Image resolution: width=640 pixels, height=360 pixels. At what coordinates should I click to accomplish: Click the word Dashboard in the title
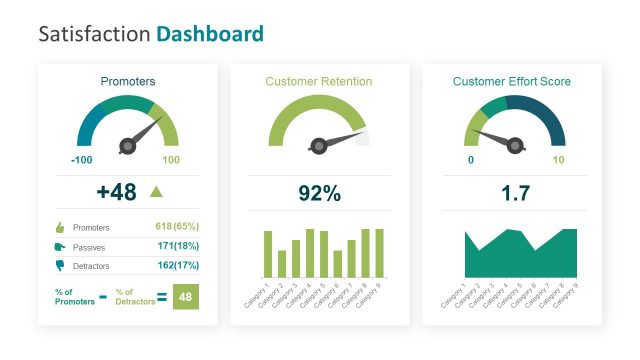point(210,34)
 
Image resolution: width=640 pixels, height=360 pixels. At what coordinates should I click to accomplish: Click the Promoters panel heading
point(128,81)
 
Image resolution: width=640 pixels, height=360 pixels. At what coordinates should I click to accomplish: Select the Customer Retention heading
point(319,81)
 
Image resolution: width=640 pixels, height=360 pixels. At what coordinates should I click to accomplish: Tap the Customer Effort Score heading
point(512,81)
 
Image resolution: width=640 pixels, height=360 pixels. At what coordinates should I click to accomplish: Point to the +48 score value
point(116,192)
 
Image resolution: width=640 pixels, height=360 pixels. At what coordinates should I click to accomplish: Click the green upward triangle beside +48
point(155,191)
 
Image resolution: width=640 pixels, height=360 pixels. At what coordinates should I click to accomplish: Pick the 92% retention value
point(320,193)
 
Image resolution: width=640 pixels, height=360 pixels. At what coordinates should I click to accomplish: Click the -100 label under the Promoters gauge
point(82,160)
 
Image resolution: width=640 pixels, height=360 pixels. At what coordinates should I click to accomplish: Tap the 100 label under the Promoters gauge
point(171,160)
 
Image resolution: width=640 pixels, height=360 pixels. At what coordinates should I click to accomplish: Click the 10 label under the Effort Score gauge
point(558,160)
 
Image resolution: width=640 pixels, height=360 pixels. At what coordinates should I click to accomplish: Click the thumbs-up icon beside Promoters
point(59,227)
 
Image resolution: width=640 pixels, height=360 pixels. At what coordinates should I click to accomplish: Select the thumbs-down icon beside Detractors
point(59,265)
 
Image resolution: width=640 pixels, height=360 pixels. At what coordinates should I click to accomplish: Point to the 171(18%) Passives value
point(177,246)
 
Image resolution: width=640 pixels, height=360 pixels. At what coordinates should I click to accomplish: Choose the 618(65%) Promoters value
point(177,227)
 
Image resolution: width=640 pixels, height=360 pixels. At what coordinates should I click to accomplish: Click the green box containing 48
point(186,296)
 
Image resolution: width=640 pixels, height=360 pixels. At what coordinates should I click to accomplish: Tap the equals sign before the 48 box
point(163,296)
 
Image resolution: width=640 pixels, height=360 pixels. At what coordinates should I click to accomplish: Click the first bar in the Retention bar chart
point(268,254)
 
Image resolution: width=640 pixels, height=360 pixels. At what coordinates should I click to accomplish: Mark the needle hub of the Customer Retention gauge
point(319,146)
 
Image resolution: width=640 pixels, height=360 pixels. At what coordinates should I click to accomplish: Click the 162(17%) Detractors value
point(177,265)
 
